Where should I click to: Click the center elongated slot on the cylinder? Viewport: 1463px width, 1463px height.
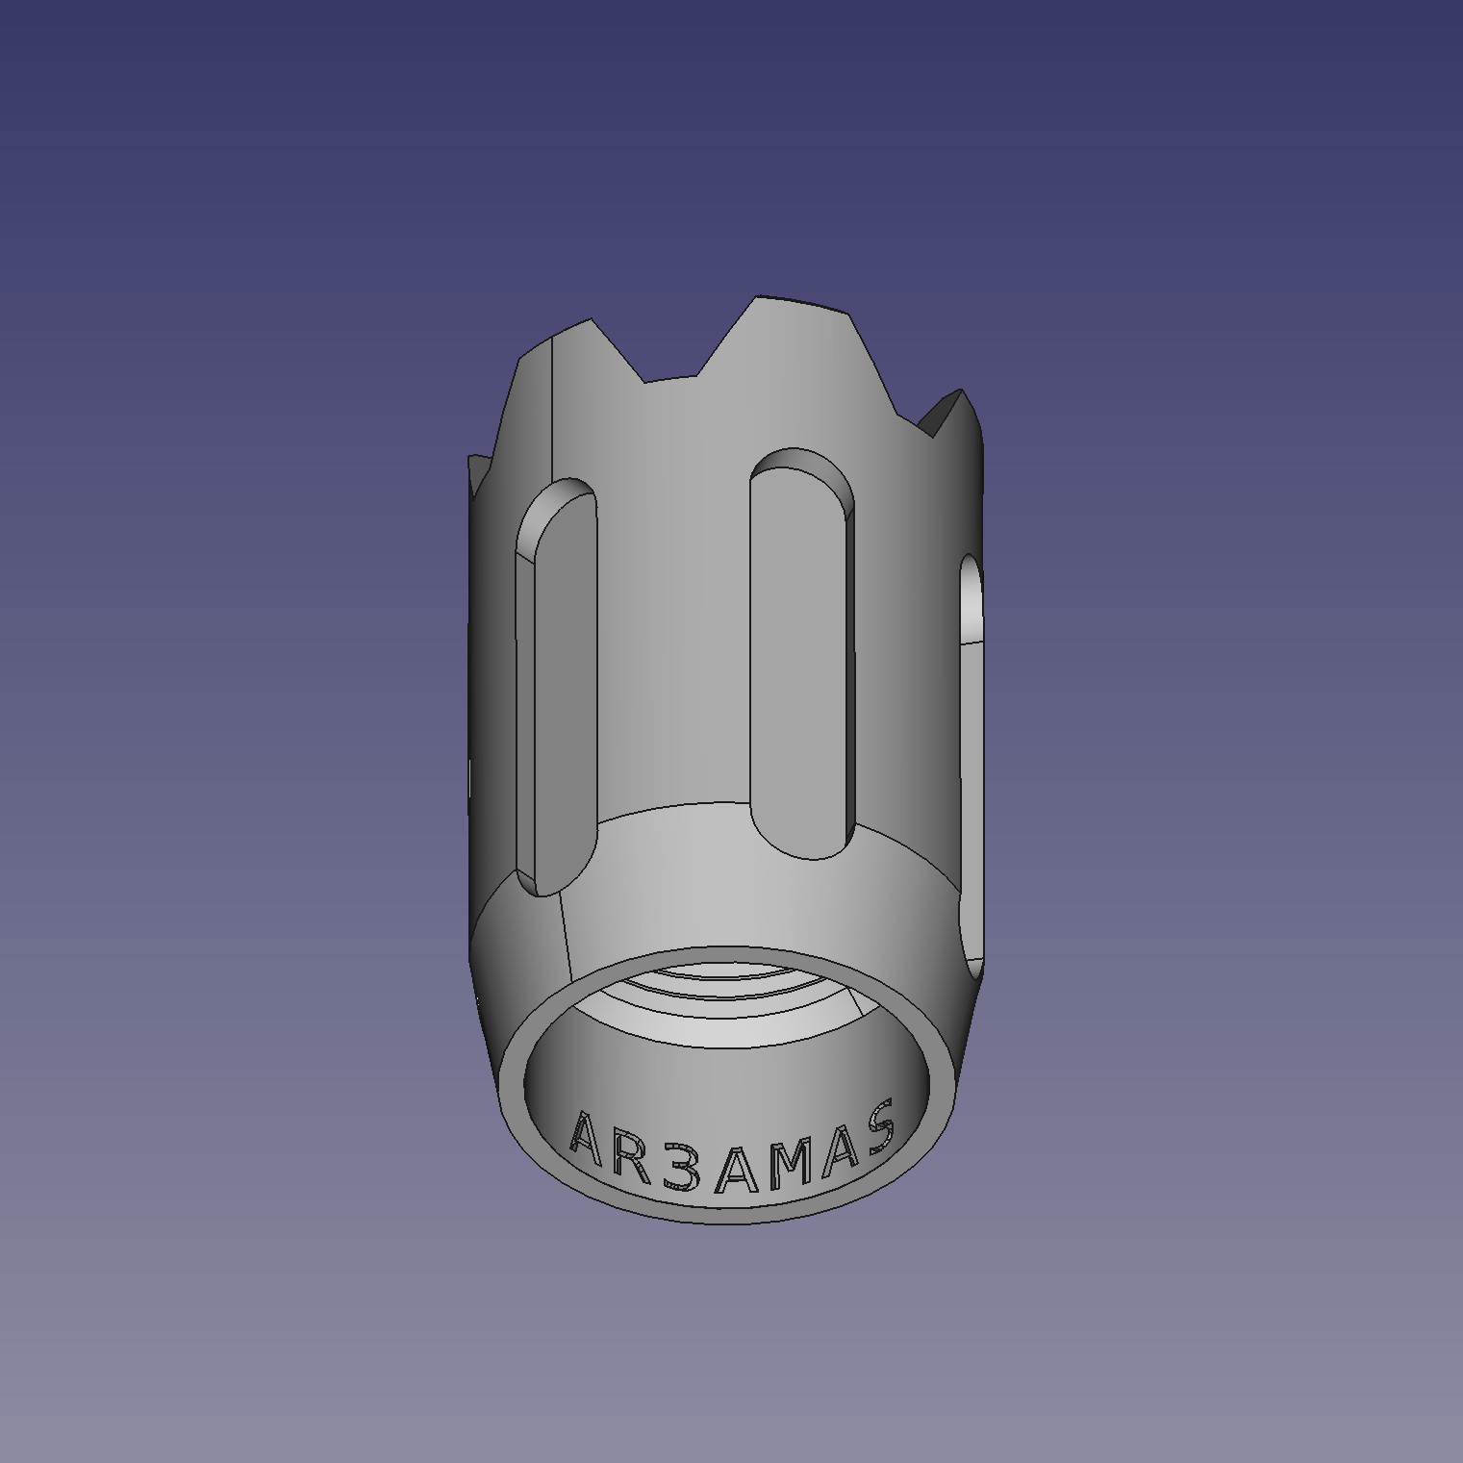click(x=801, y=654)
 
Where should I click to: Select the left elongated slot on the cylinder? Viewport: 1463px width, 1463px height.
click(x=555, y=688)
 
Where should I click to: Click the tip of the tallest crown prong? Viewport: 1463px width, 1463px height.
click(x=760, y=298)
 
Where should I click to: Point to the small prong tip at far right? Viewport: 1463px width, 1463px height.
click(x=961, y=391)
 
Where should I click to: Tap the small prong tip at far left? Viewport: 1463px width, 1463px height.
click(x=471, y=460)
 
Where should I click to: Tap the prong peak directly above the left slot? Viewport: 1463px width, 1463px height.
click(x=589, y=321)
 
